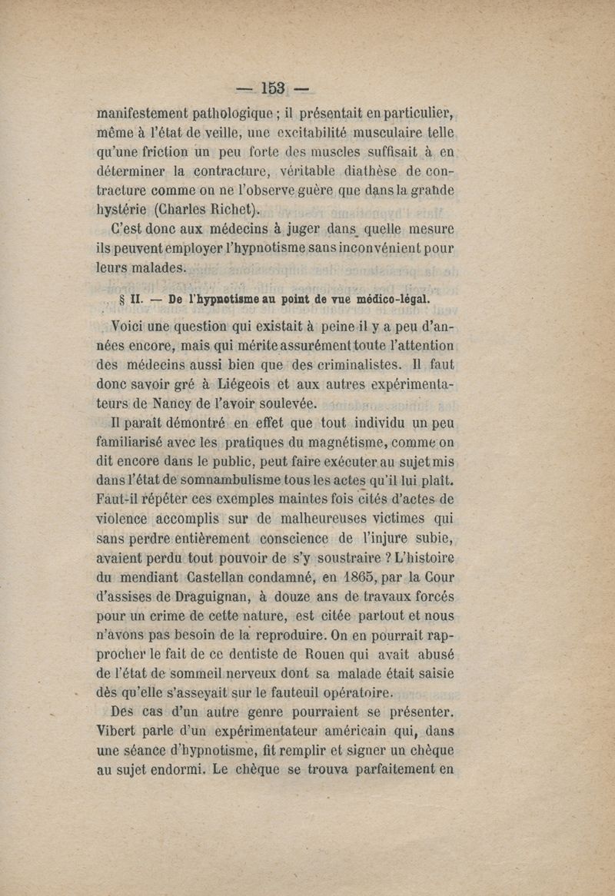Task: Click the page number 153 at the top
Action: pos(273,87)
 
